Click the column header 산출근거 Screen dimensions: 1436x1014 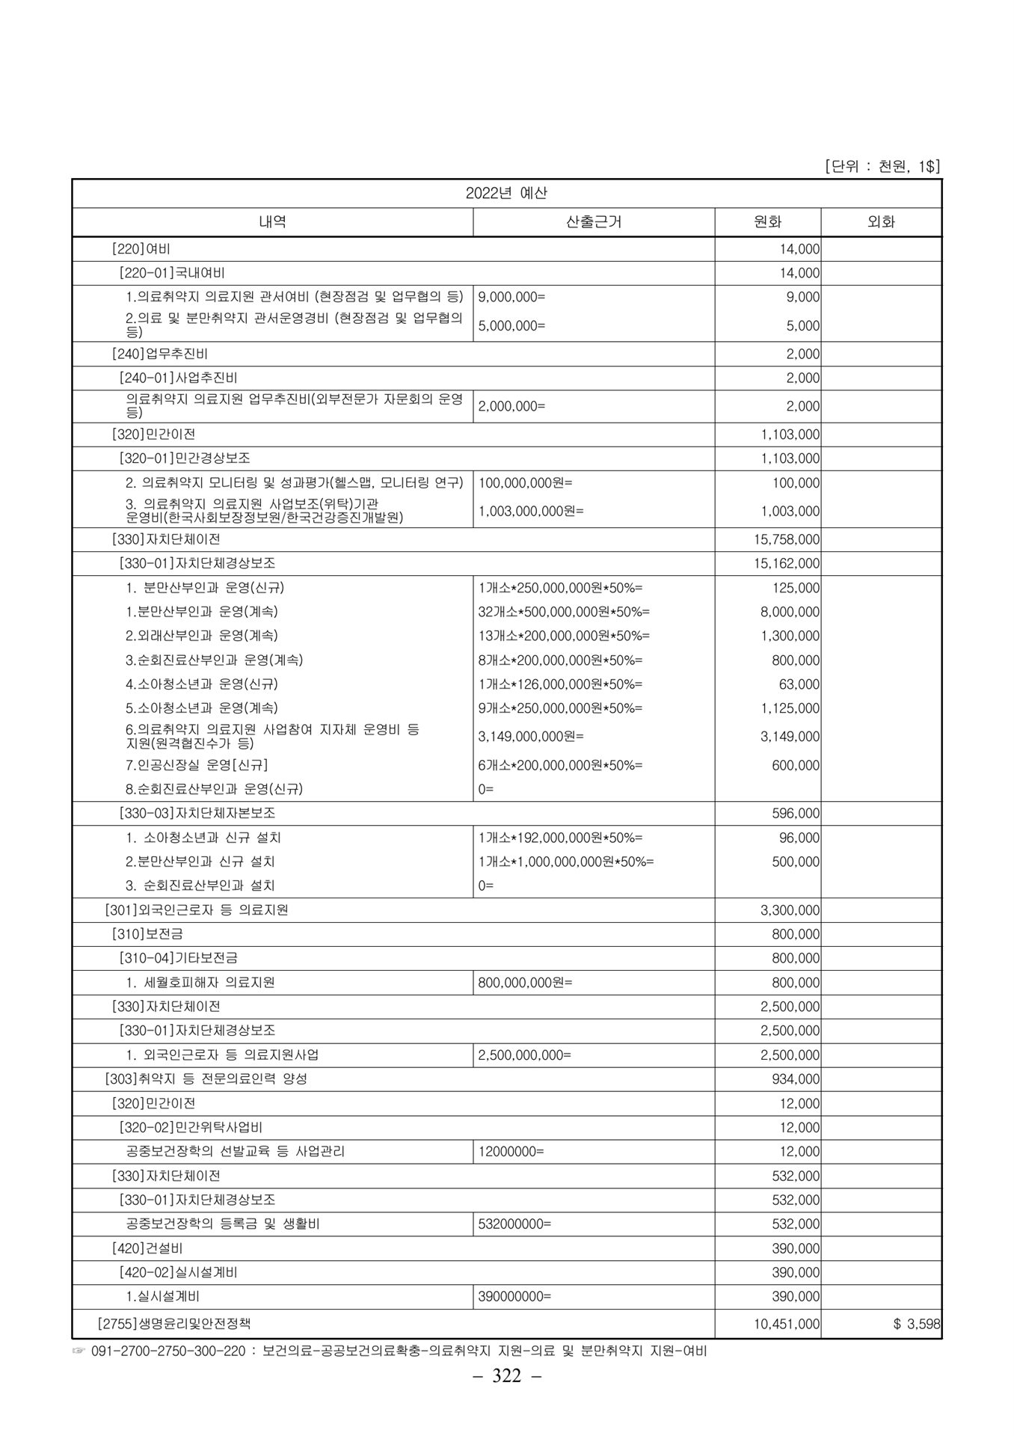coord(594,222)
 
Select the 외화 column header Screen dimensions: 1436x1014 coord(881,222)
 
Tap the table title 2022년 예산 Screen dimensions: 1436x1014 coord(506,193)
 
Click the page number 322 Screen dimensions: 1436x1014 coord(506,1377)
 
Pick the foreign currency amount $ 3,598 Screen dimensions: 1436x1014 coord(916,1325)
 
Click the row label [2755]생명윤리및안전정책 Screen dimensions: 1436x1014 coord(179,1325)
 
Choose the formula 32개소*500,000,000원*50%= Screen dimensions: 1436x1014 coord(564,612)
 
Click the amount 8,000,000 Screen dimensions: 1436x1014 coord(790,612)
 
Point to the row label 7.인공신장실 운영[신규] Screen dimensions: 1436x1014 coord(197,765)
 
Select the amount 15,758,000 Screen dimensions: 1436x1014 coord(787,539)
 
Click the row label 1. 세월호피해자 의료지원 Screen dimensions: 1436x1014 coord(200,983)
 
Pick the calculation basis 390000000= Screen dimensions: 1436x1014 coord(514,1297)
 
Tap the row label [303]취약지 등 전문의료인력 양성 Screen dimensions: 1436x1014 coord(206,1079)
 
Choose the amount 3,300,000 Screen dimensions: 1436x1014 coord(790,910)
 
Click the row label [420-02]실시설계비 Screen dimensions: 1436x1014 coord(179,1272)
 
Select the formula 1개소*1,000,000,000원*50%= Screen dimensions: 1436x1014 coord(566,862)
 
